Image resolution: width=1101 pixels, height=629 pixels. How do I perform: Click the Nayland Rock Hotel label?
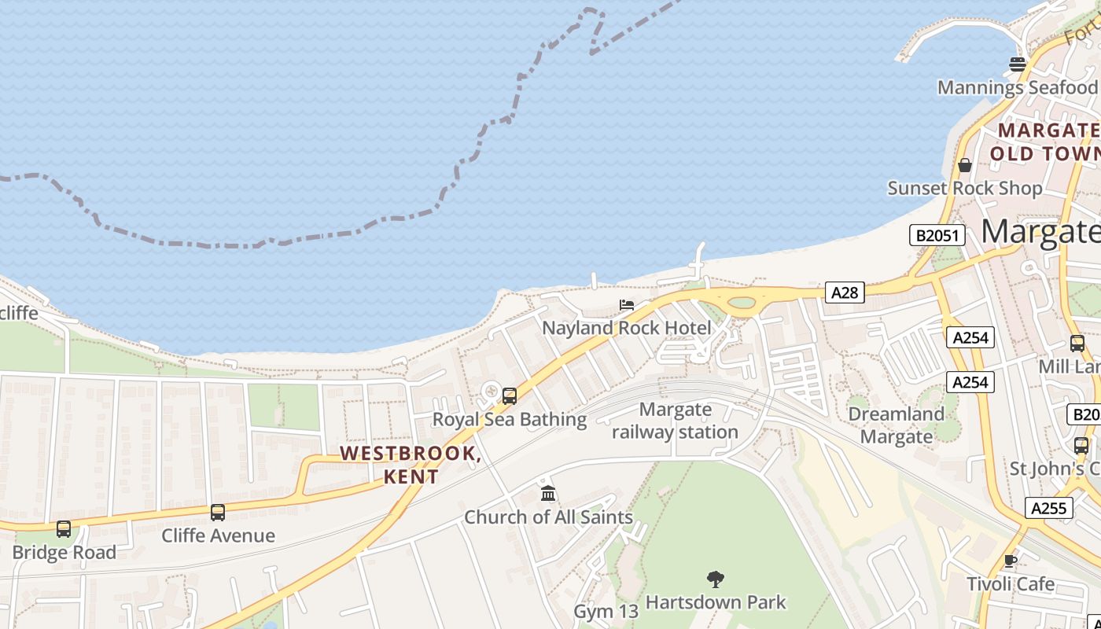tap(627, 327)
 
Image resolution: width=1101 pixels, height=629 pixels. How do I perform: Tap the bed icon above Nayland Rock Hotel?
tap(627, 305)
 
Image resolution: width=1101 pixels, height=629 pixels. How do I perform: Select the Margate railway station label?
tap(675, 421)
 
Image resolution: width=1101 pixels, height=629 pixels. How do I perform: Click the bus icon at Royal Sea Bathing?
tap(510, 396)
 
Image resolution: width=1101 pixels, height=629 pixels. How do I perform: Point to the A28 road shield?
tap(845, 292)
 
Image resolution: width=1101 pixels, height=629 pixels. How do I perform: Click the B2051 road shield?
tap(937, 235)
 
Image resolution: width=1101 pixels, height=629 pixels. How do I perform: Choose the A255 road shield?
tap(1049, 508)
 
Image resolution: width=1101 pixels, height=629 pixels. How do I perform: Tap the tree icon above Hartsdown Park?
tap(715, 580)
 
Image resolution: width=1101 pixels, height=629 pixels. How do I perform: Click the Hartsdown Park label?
tap(715, 602)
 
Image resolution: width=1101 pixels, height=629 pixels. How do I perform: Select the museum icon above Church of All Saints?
tap(548, 494)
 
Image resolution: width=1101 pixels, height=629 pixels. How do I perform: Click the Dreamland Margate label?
tap(896, 425)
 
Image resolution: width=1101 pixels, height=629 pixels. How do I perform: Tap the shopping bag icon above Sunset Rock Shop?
tap(965, 165)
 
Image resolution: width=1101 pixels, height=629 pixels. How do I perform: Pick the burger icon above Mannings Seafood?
tap(1018, 64)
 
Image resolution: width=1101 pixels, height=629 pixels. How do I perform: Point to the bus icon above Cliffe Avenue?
tap(218, 513)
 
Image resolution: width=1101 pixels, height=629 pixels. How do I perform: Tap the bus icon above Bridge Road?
tap(64, 529)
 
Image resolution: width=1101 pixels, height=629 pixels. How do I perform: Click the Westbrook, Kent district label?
tap(411, 465)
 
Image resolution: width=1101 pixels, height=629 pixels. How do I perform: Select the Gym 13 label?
tap(606, 611)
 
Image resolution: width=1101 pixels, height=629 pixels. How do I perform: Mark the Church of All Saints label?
tap(548, 517)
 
